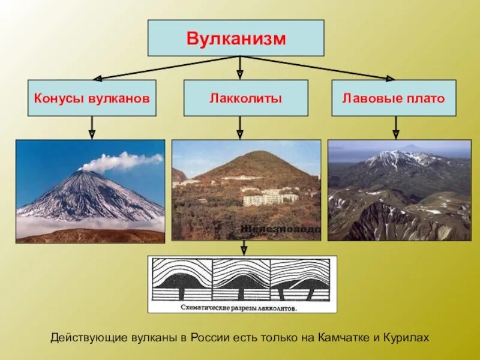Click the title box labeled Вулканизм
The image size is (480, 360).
pos(236,38)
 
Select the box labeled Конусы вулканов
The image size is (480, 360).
pos(91,98)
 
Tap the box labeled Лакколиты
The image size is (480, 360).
pos(245,98)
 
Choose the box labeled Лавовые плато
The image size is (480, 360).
pos(394,98)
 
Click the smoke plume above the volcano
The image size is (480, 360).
pos(123,161)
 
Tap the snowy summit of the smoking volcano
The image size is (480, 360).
pos(84,175)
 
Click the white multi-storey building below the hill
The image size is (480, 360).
pos(270,197)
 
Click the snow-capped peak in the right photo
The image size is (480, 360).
pos(393,157)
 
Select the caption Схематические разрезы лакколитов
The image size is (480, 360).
pos(242,307)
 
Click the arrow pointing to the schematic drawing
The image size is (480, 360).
pos(244,248)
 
